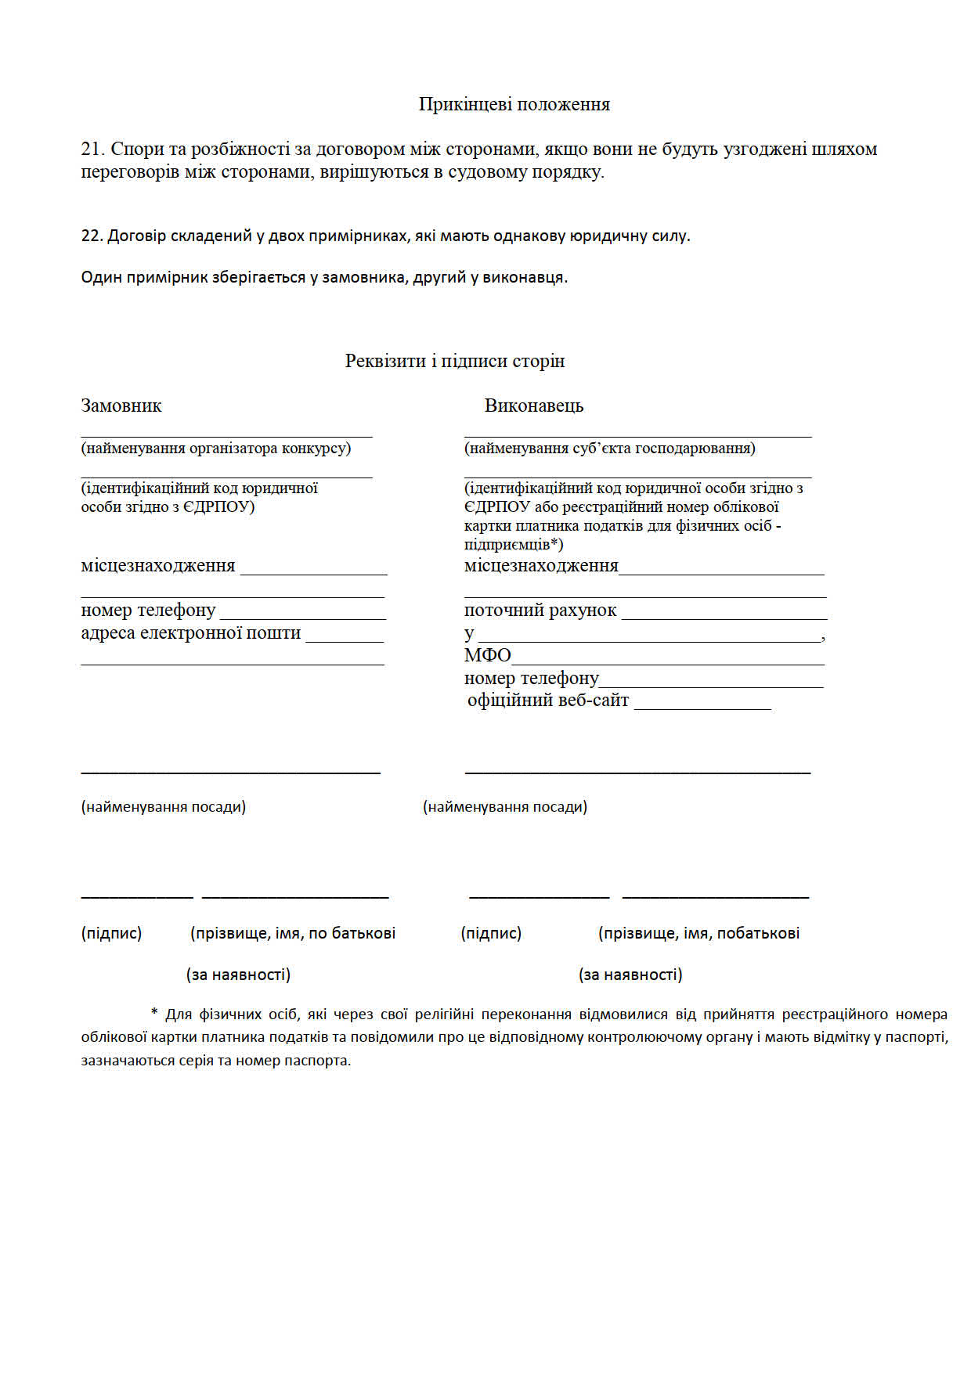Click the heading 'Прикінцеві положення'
(514, 104)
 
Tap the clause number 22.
(91, 236)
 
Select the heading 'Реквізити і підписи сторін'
(454, 361)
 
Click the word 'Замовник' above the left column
(121, 405)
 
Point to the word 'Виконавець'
(534, 405)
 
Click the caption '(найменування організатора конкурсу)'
(216, 449)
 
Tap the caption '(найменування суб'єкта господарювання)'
(609, 449)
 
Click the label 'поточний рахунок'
(540, 611)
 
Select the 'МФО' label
(487, 655)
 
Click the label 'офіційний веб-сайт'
(548, 701)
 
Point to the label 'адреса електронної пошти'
(191, 633)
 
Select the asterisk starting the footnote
(154, 1014)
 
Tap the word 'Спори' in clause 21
(135, 149)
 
